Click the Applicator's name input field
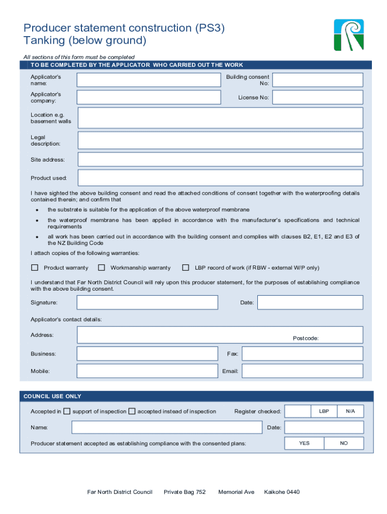148,80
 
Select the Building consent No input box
317,80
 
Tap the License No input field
317,97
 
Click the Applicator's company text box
148,97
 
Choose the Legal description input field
220,141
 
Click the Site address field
220,160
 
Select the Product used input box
220,178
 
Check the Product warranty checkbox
35,268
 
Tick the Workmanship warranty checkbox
102,268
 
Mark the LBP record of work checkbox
185,268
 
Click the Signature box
147,302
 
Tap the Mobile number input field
147,371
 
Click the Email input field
302,371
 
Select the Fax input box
302,353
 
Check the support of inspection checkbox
67,412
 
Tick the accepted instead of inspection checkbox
132,412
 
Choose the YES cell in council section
304,443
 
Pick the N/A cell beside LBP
350,411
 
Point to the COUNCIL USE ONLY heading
52,397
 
